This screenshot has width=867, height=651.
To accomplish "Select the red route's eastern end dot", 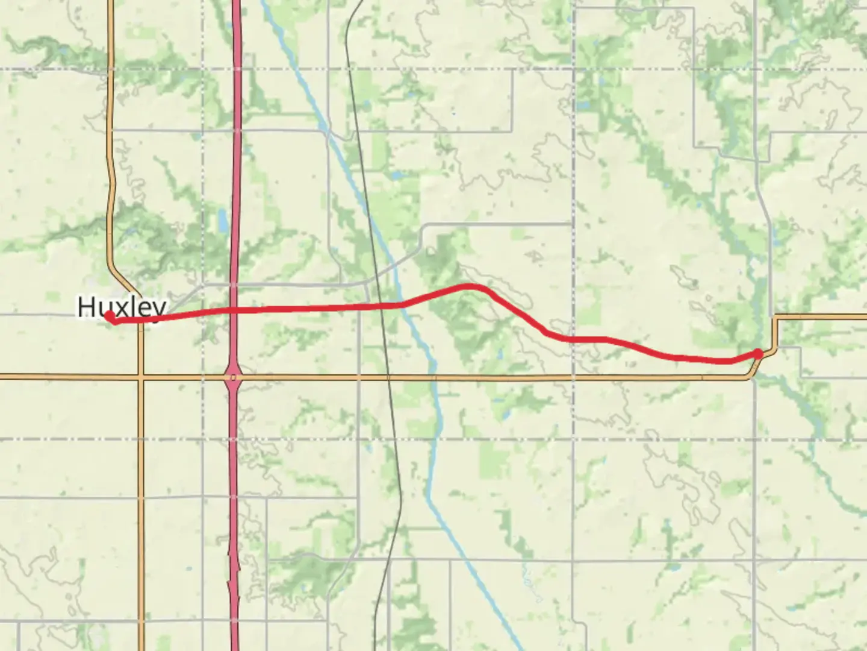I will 759,353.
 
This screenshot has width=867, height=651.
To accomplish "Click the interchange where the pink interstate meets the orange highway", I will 234,378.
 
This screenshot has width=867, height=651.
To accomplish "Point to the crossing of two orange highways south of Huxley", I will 141,378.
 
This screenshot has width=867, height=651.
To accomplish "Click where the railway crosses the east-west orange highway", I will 389,378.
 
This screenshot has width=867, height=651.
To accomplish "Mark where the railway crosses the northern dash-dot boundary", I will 349,69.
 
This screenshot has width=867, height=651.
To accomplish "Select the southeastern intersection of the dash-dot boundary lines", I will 573,439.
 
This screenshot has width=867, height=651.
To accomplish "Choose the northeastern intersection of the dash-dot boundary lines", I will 573,69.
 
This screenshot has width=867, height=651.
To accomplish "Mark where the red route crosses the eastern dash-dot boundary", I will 573,339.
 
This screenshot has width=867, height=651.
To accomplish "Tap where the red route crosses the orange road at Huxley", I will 141,319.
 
